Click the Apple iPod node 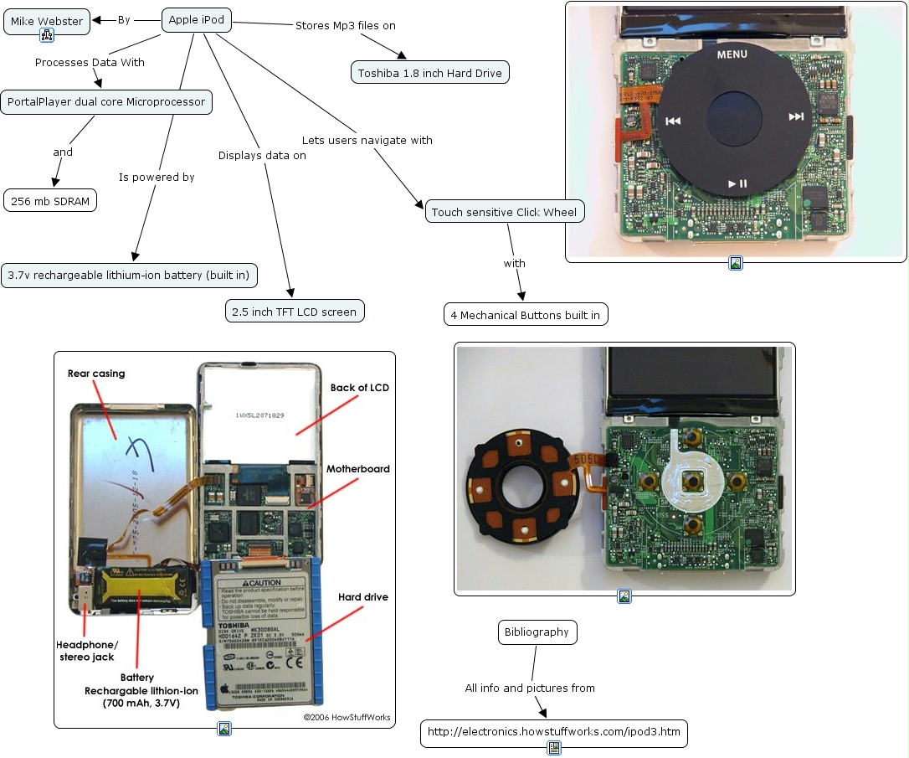point(196,20)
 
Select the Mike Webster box point(47,21)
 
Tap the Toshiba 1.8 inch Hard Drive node point(430,73)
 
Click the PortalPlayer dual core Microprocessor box point(106,102)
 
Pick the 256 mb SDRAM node point(50,201)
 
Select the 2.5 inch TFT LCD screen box point(295,312)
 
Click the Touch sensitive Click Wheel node point(504,212)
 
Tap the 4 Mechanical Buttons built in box point(526,315)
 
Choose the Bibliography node point(537,632)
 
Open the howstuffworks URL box point(553,732)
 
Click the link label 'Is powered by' point(157,177)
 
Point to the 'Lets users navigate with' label point(367,140)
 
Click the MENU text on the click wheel point(732,54)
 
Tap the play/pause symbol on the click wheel point(737,183)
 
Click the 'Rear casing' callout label point(96,374)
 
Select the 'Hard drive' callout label point(362,597)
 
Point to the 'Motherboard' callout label point(358,469)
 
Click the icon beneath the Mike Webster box point(47,35)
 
